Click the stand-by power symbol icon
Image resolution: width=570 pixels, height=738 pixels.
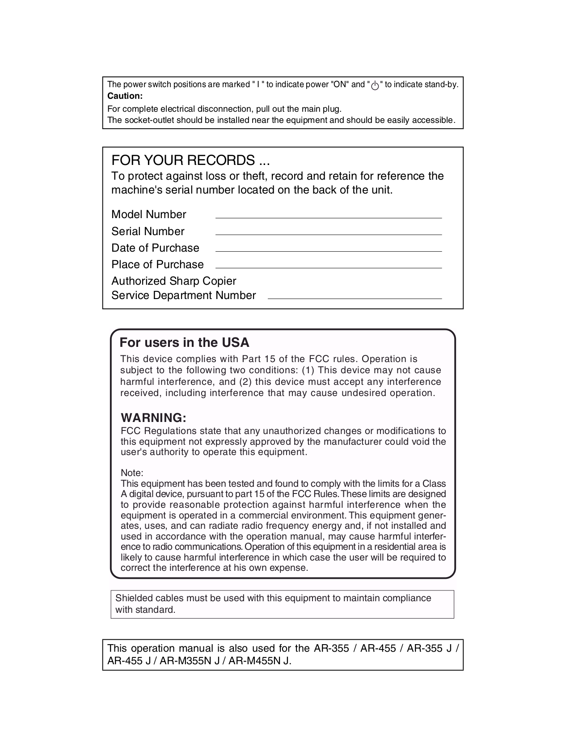[x=375, y=85]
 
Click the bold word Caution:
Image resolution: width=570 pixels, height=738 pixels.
[x=125, y=96]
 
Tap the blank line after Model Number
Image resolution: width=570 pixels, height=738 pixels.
[x=328, y=217]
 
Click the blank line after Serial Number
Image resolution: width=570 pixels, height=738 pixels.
[x=328, y=234]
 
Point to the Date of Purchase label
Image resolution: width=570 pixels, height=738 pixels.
[x=155, y=248]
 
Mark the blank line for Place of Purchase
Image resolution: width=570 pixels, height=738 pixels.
[x=328, y=267]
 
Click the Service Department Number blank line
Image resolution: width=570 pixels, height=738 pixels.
[x=354, y=298]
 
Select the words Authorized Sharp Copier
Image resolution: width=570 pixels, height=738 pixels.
[x=173, y=281]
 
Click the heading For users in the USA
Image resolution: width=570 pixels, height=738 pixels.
[x=184, y=343]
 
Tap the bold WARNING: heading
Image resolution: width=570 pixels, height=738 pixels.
[x=153, y=418]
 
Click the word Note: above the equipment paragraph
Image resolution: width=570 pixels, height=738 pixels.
[x=132, y=473]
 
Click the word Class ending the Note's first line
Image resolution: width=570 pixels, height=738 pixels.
[x=434, y=484]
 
